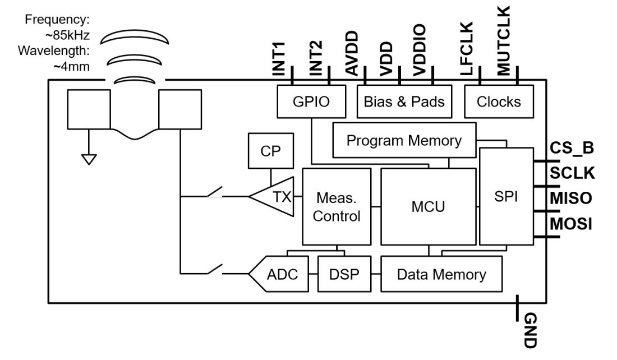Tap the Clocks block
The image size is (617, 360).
[x=498, y=103]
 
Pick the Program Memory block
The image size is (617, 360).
[x=403, y=140]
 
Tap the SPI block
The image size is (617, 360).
[x=507, y=197]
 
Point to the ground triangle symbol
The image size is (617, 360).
[x=88, y=159]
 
